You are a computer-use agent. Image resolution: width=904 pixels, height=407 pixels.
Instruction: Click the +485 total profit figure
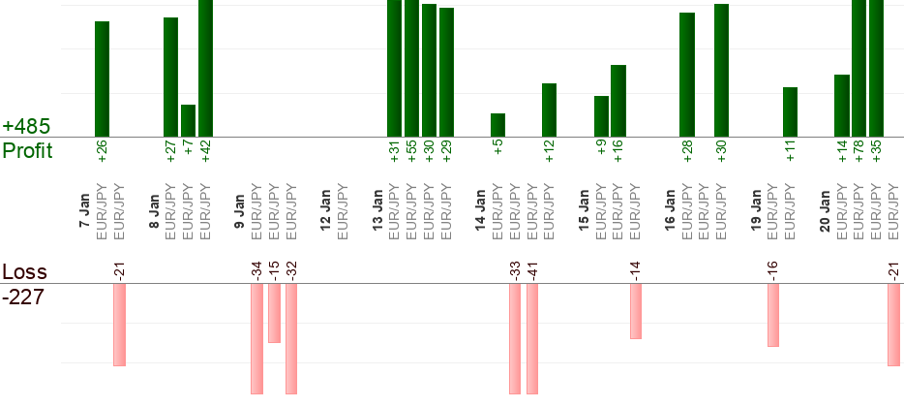click(x=26, y=127)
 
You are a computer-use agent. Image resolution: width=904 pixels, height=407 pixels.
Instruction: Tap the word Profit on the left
click(x=27, y=150)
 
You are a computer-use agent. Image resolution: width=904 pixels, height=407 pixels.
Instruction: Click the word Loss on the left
click(x=23, y=272)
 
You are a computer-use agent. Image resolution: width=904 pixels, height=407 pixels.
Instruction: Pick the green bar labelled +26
click(x=102, y=78)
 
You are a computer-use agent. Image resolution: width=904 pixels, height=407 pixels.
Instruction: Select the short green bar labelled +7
click(x=188, y=120)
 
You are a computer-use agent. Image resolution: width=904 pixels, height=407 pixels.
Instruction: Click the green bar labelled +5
click(x=497, y=125)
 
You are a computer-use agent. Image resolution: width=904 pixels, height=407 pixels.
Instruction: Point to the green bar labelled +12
click(x=549, y=110)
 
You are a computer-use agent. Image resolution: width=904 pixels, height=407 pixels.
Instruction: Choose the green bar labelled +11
click(x=790, y=111)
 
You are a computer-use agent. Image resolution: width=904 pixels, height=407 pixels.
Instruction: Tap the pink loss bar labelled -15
click(x=274, y=313)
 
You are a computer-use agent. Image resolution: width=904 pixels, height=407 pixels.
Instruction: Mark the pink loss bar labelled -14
click(x=636, y=311)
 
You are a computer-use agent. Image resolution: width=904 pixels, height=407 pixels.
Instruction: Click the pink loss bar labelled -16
click(x=773, y=315)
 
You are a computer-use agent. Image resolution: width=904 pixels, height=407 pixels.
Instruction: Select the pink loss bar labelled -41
click(x=532, y=339)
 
